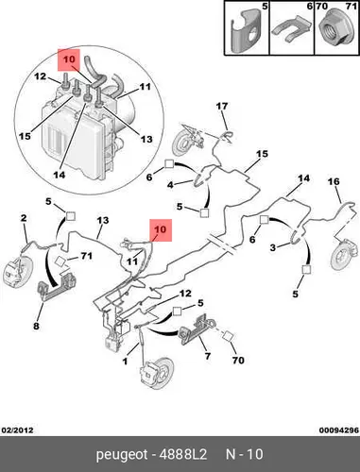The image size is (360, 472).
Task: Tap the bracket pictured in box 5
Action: click(x=247, y=30)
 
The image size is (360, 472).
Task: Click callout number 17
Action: click(x=222, y=106)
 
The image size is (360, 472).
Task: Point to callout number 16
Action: click(x=334, y=181)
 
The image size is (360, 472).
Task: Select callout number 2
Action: click(x=24, y=218)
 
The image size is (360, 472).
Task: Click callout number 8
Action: click(x=36, y=326)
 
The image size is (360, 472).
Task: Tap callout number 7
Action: click(x=208, y=356)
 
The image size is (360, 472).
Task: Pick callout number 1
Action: click(x=125, y=362)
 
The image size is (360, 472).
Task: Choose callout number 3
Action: click(x=273, y=247)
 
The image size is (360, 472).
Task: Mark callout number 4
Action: click(x=170, y=185)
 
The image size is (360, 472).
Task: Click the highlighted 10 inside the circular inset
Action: click(x=69, y=59)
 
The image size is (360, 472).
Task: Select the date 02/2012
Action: click(x=18, y=430)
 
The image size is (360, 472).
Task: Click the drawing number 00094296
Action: click(x=339, y=430)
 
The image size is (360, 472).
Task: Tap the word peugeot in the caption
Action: click(x=122, y=455)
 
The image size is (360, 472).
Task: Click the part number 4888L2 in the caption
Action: click(x=183, y=454)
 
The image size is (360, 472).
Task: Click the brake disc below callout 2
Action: click(x=18, y=273)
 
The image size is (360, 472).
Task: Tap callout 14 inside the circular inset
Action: click(x=60, y=175)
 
